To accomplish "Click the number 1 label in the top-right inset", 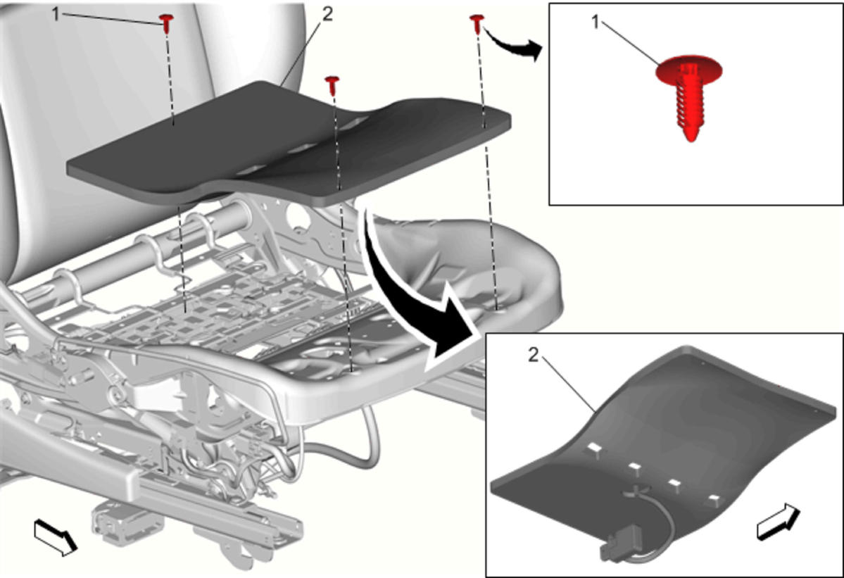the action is click(x=596, y=23).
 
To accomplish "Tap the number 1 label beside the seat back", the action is click(x=56, y=15).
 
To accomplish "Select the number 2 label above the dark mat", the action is click(x=327, y=15).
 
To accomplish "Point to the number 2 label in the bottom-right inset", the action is click(x=533, y=355).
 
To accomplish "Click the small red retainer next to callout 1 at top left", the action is click(x=167, y=23).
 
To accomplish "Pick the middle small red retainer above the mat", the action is click(x=332, y=84).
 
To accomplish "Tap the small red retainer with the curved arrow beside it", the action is click(x=477, y=23).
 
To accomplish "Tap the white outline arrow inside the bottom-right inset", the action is click(x=779, y=521).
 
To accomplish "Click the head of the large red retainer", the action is click(x=689, y=69).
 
